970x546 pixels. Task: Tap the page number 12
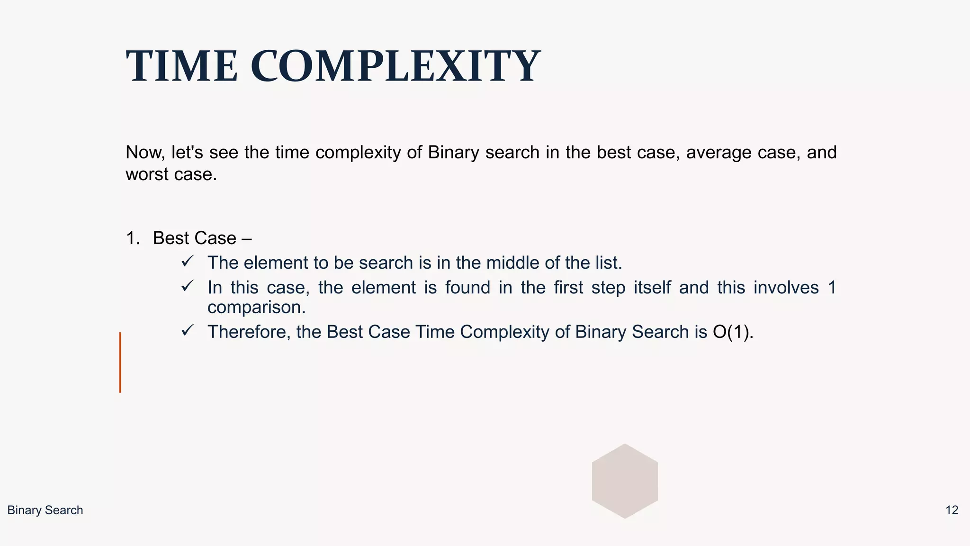952,510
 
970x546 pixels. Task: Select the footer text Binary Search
45,510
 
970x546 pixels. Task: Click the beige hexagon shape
625,481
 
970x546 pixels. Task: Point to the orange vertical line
120,363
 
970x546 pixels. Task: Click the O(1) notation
732,332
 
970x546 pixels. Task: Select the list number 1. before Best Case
133,238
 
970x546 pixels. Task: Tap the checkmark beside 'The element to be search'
188,261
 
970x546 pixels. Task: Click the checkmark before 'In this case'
188,286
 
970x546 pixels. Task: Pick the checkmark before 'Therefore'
188,330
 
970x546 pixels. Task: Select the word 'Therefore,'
249,332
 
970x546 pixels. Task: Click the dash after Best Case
246,238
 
